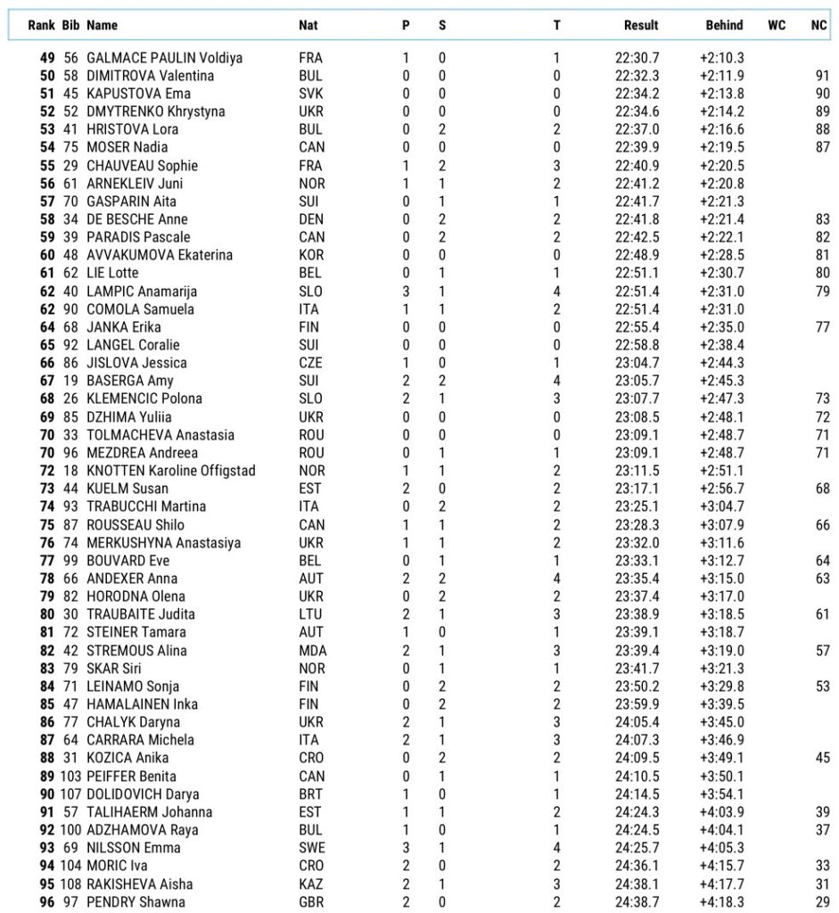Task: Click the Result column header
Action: click(641, 25)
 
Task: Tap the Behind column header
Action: click(724, 25)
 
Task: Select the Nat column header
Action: click(308, 25)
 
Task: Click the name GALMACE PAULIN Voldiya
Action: click(164, 58)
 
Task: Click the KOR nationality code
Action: click(310, 255)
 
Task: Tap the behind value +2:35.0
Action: click(721, 327)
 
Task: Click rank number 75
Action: click(47, 524)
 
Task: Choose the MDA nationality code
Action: click(311, 650)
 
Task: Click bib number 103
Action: click(70, 776)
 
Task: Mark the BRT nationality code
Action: click(310, 794)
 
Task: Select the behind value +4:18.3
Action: click(721, 902)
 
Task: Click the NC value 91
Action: click(821, 76)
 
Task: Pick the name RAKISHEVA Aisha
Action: click(139, 884)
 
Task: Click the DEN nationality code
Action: click(310, 219)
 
